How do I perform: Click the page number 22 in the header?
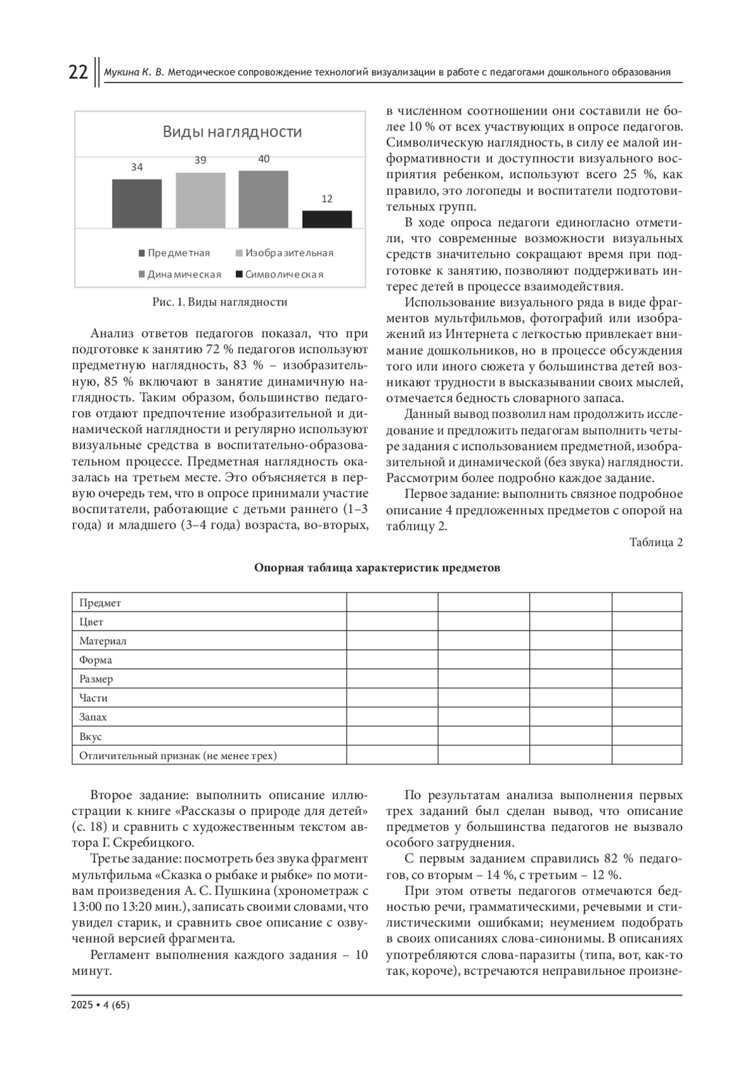(78, 72)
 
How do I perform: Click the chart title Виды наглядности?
(232, 132)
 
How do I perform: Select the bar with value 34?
(137, 203)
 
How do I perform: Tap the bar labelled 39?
(200, 200)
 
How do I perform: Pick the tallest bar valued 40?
(263, 199)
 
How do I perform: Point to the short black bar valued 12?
(327, 219)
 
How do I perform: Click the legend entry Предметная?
(174, 253)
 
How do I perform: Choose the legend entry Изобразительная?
(284, 253)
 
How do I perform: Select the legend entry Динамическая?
(180, 274)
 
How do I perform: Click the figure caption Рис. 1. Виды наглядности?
(220, 302)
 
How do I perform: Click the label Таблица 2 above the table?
(656, 542)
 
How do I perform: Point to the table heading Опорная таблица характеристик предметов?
(377, 568)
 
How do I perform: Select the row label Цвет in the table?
(91, 622)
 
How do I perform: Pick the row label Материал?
(103, 641)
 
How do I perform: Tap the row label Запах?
(93, 717)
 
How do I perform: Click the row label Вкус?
(91, 736)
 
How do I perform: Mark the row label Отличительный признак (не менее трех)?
(178, 755)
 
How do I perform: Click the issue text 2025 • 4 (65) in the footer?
(101, 1005)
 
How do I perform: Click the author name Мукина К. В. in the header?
(133, 72)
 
